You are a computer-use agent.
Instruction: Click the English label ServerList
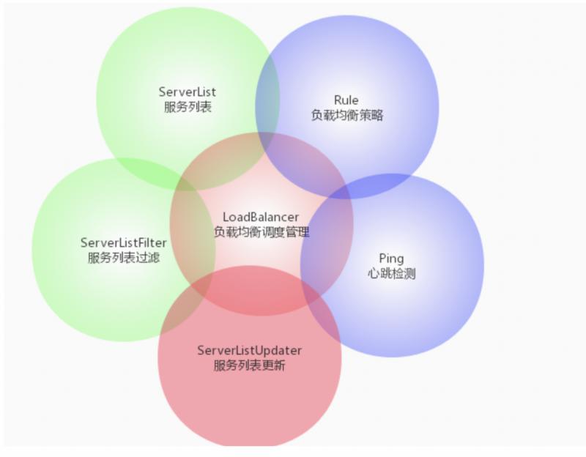188,92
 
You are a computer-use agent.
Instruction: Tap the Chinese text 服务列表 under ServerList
188,107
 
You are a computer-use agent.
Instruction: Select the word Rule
346,100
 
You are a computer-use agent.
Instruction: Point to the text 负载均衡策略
347,116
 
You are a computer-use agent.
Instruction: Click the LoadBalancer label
261,217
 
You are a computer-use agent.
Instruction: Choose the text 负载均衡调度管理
262,232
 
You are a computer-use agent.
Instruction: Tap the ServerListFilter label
124,243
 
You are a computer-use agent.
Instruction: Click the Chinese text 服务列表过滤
124,258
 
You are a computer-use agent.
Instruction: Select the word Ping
391,259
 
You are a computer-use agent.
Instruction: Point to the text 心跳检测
391,273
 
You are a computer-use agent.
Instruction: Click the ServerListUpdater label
249,351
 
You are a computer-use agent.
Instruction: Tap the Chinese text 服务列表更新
249,365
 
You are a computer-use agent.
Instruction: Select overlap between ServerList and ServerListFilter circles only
149,169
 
